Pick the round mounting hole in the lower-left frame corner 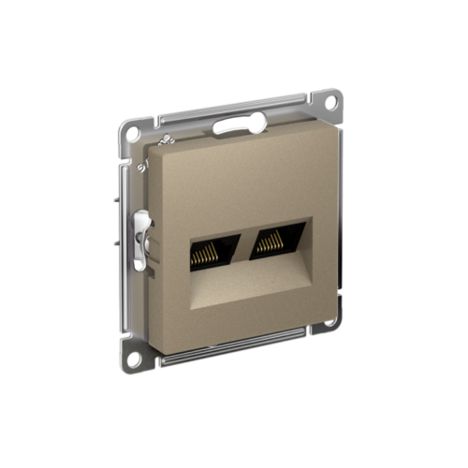tap(138, 357)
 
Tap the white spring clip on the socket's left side tap(141, 241)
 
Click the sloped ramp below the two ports tap(248, 281)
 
